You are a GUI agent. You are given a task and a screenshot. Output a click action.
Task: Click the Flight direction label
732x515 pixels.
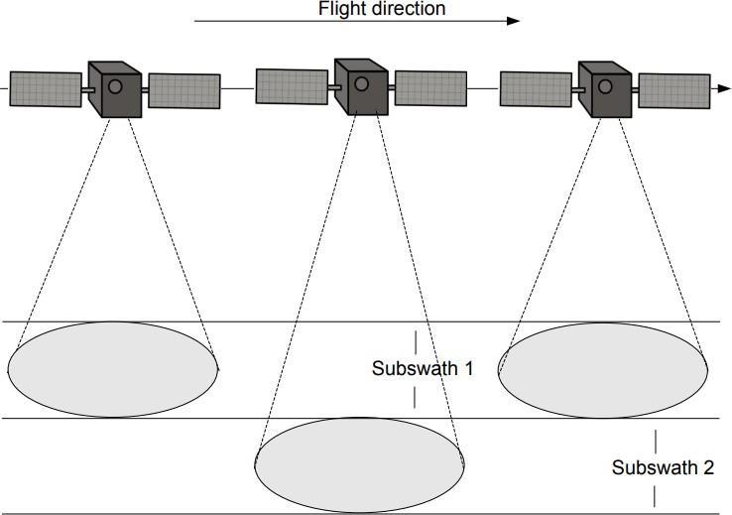coord(382,9)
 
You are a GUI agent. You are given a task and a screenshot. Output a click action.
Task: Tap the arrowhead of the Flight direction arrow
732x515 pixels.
coord(513,21)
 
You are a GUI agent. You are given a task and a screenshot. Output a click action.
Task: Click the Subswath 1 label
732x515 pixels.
coord(422,368)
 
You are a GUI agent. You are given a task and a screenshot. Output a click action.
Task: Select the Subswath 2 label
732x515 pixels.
coord(662,467)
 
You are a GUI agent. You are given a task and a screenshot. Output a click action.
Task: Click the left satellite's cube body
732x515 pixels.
coord(114,90)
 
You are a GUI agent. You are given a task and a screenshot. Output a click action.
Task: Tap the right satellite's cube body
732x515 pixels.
coord(604,90)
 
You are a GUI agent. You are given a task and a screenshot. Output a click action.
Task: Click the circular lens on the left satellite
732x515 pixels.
coord(115,87)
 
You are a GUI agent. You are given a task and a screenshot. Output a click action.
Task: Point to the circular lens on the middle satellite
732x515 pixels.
coord(362,83)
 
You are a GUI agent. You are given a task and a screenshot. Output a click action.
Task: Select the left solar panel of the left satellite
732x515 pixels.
coord(46,89)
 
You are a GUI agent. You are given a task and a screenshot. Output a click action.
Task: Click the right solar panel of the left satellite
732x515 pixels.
coord(183,90)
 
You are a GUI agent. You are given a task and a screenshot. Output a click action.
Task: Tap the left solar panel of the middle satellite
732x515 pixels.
coord(292,85)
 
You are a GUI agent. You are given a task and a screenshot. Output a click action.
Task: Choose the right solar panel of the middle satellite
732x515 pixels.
coord(430,87)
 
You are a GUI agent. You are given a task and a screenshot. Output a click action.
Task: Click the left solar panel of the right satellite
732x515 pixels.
coord(536,88)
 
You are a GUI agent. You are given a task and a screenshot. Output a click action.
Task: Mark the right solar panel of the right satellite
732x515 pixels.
coord(673,90)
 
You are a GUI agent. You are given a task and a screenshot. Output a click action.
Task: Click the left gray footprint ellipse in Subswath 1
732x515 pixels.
coord(112,369)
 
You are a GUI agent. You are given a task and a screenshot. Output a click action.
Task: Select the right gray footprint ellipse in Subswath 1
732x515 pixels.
coord(602,369)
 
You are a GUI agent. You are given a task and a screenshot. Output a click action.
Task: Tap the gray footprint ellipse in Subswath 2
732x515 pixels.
coord(359,464)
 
